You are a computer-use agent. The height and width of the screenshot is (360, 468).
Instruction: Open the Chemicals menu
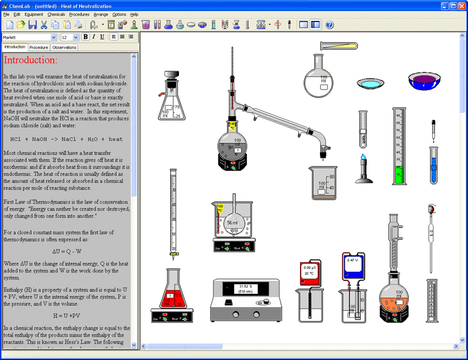(x=56, y=14)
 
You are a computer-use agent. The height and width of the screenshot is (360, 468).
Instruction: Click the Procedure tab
(x=39, y=47)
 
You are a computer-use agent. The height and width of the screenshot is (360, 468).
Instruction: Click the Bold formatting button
(x=85, y=37)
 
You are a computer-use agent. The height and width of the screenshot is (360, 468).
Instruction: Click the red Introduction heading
(x=30, y=60)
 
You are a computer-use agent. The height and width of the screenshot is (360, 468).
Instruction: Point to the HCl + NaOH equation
(x=67, y=139)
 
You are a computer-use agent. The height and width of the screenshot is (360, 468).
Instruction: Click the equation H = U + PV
(x=66, y=316)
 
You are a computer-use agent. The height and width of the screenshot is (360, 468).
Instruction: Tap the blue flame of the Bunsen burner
(x=364, y=158)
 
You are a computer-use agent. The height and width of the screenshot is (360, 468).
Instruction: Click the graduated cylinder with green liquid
(x=399, y=146)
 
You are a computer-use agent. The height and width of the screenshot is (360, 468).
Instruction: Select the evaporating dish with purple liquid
(x=425, y=81)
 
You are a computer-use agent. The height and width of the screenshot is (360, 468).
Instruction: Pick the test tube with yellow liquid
(x=338, y=46)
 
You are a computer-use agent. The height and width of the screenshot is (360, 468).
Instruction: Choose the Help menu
(x=134, y=14)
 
